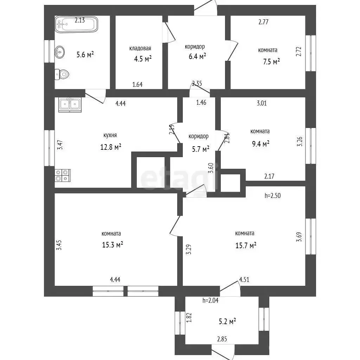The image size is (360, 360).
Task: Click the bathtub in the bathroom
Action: click(x=76, y=24)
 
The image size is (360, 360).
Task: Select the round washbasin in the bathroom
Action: click(x=59, y=52)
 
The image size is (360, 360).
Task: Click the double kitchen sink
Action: click(x=70, y=105)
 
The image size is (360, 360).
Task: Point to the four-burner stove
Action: click(x=63, y=175)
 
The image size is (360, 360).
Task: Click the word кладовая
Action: click(x=140, y=48)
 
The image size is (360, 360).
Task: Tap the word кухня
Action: click(x=110, y=135)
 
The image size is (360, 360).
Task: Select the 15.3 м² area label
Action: click(x=112, y=245)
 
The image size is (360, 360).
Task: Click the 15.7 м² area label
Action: click(x=246, y=245)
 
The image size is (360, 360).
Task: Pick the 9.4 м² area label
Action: click(x=261, y=144)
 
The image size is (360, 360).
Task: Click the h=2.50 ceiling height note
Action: click(x=273, y=195)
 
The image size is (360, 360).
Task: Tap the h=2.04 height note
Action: click(x=210, y=300)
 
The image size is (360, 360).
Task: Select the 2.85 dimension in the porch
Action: click(x=222, y=339)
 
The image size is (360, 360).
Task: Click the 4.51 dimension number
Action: click(x=244, y=279)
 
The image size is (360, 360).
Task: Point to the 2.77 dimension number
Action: click(x=263, y=22)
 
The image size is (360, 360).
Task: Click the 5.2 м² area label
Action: click(x=227, y=321)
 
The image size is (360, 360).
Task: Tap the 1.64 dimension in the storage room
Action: click(x=137, y=84)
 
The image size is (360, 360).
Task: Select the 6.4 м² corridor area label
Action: click(x=197, y=56)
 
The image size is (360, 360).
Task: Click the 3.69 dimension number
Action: click(x=299, y=237)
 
